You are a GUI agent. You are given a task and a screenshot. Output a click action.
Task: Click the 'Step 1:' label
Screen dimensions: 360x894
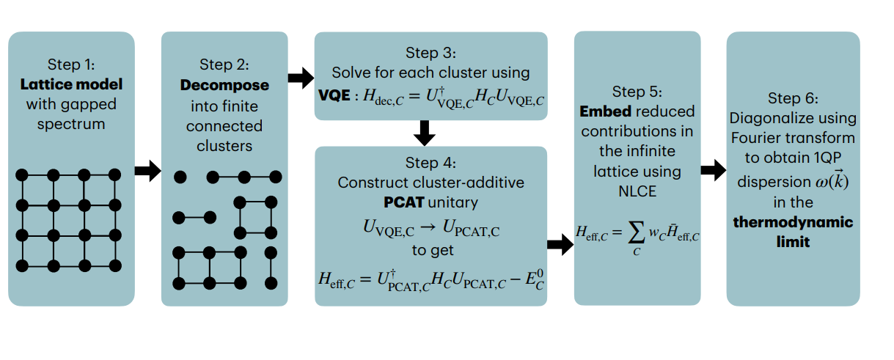click(71, 64)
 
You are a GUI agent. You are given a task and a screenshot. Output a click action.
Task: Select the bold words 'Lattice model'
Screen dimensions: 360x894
click(71, 84)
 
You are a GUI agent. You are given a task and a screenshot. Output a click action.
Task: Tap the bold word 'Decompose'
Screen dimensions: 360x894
click(224, 85)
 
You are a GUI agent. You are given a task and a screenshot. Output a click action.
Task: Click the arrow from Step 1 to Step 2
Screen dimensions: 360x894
click(147, 172)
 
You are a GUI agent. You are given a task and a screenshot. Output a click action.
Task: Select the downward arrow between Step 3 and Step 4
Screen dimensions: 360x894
click(425, 133)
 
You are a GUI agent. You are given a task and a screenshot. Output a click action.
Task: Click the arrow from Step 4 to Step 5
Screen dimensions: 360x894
click(560, 246)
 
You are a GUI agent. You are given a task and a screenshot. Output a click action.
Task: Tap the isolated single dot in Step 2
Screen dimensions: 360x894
click(180, 177)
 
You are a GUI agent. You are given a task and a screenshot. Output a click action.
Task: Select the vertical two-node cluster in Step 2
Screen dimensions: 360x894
click(271, 268)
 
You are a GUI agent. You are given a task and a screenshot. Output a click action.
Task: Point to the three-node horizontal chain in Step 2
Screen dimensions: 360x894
click(245, 177)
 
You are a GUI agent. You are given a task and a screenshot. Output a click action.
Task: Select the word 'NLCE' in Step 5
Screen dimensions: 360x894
click(637, 192)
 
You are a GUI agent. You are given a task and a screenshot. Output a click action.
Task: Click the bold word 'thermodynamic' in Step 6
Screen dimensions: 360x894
click(793, 221)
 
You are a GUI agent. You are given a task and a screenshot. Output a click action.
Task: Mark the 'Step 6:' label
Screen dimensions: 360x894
click(793, 98)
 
